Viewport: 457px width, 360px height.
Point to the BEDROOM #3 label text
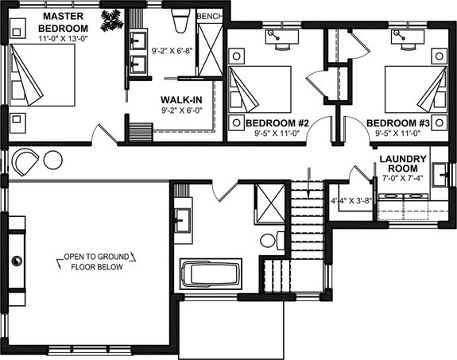tap(397, 123)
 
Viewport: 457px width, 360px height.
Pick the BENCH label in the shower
tap(209, 16)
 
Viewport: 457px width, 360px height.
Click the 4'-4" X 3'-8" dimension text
tap(350, 200)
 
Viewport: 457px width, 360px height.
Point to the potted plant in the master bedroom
tap(110, 18)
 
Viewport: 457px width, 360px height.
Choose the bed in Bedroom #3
tap(415, 88)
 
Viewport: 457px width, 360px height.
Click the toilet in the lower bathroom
tap(269, 239)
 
